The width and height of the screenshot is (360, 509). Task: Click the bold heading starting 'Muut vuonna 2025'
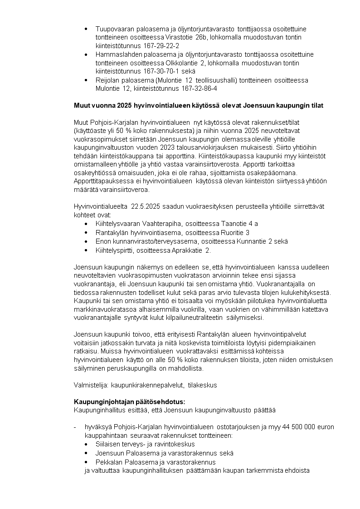click(199, 106)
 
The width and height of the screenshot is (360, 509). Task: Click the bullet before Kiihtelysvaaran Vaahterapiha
click(87, 224)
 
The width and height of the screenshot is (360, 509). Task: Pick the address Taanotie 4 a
click(240, 224)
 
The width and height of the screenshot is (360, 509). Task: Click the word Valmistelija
click(90, 385)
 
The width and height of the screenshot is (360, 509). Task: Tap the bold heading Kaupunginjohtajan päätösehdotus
click(130, 402)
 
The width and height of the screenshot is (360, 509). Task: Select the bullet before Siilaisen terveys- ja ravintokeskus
click(87, 445)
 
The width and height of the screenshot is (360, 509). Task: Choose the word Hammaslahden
click(117, 54)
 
